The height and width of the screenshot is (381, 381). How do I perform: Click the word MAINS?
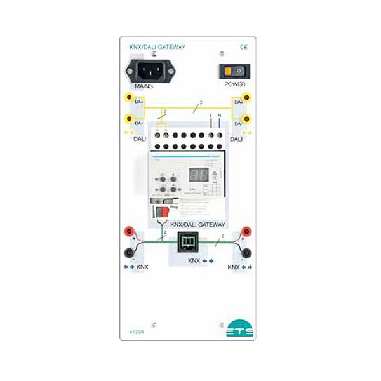tap(144, 84)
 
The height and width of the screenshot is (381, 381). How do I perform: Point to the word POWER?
tap(234, 84)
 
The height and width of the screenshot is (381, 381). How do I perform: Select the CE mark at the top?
tap(243, 46)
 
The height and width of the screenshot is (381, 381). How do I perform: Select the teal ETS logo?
tap(239, 330)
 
